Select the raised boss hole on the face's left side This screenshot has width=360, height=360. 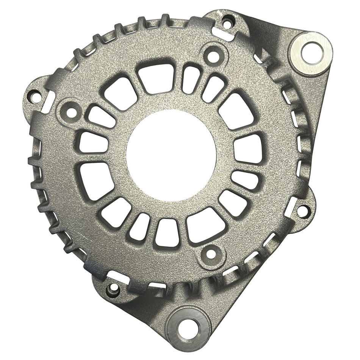pyautogui.click(x=70, y=112)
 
